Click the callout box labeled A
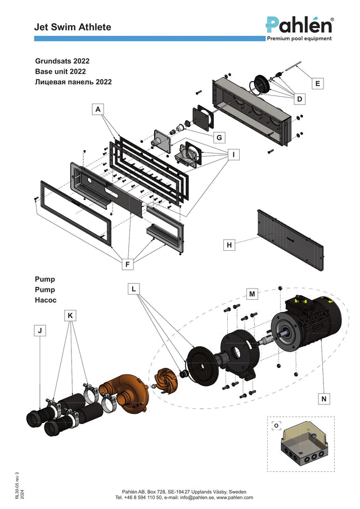click(x=98, y=110)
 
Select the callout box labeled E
click(x=317, y=83)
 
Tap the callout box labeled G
click(x=219, y=137)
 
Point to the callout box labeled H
click(x=229, y=245)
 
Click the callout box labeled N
click(x=323, y=399)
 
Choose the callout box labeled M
click(x=252, y=294)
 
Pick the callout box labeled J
click(x=40, y=331)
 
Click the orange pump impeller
click(x=165, y=380)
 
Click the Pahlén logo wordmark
click(x=299, y=25)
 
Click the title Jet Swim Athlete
click(x=73, y=27)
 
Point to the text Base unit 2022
click(x=60, y=71)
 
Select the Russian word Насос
click(x=46, y=300)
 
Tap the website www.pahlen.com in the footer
click(x=235, y=497)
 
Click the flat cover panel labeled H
click(x=291, y=240)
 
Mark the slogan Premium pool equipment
click(x=299, y=39)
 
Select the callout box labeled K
click(x=70, y=315)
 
